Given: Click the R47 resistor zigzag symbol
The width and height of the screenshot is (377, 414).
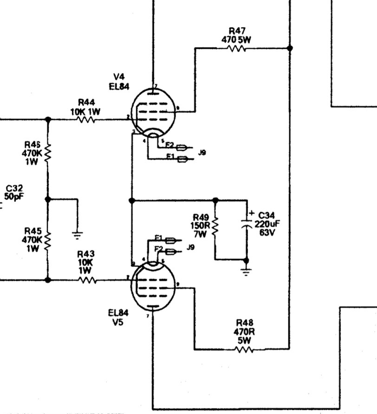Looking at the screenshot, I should point(237,48).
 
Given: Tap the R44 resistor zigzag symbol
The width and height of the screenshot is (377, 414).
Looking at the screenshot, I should point(86,119).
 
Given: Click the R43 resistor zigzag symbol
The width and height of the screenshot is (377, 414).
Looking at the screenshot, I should point(87,280).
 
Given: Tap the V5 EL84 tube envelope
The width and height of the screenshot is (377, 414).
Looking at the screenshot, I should point(152,284).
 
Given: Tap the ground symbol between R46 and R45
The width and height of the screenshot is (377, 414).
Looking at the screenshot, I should point(78,234).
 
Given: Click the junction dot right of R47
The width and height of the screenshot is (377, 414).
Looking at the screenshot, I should point(290,48).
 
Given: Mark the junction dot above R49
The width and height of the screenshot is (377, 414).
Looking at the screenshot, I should point(215,201).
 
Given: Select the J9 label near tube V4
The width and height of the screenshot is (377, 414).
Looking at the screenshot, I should point(202,152).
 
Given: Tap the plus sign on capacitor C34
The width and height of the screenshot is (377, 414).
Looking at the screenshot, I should point(252,213).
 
